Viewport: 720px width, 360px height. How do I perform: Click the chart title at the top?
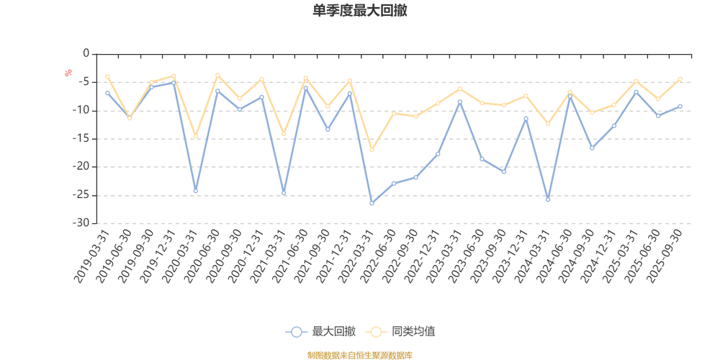360,10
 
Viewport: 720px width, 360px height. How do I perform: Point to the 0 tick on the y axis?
86,53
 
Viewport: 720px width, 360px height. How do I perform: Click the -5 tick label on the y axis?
84,82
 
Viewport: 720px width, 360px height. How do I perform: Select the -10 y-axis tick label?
82,110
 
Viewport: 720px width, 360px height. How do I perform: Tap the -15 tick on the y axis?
82,138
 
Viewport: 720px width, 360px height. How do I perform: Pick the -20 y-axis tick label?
82,166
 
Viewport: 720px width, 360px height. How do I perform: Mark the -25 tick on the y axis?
82,194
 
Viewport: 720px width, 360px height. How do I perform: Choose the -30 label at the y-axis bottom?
82,222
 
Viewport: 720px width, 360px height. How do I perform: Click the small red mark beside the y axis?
68,72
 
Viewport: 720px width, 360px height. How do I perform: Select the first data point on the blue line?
107,93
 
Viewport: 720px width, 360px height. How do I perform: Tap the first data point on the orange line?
107,76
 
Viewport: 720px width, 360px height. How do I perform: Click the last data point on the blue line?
679,106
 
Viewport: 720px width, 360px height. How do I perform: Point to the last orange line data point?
679,78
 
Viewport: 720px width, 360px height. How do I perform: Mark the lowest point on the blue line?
372,204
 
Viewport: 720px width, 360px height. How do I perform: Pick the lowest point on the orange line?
372,150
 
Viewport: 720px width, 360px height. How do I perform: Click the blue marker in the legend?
296,332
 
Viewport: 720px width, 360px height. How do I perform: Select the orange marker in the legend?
375,332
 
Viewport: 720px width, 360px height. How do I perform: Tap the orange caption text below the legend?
360,354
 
